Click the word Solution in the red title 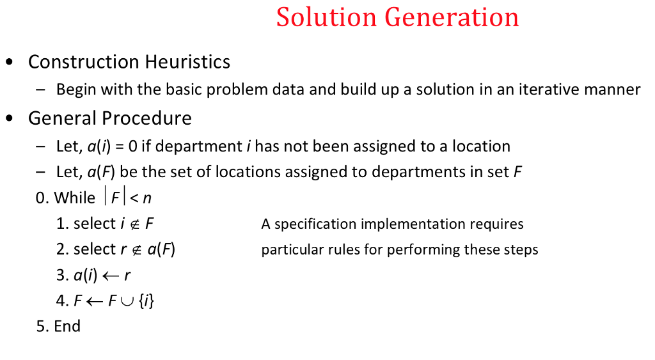[x=326, y=17]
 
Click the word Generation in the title [x=452, y=17]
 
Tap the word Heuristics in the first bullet [x=187, y=62]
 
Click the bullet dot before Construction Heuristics [x=9, y=63]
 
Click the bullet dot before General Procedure [x=9, y=119]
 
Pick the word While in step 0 [x=75, y=198]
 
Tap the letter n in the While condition [x=147, y=198]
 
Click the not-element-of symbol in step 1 [x=136, y=224]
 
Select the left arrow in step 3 [x=110, y=276]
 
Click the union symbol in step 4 [x=127, y=301]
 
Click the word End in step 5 [x=67, y=326]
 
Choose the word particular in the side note [x=287, y=249]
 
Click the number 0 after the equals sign [x=132, y=146]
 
